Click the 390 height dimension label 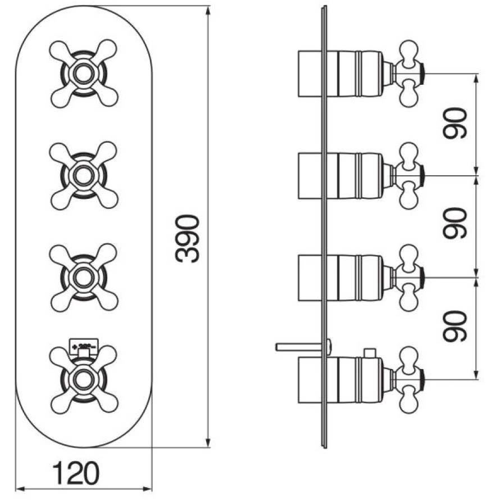click(187, 238)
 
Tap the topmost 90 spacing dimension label click(456, 124)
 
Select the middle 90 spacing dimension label click(456, 223)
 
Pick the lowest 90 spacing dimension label click(456, 326)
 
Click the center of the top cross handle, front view click(84, 72)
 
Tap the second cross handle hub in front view click(84, 175)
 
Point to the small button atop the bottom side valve click(369, 352)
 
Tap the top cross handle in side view click(409, 73)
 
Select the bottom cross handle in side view click(409, 380)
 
